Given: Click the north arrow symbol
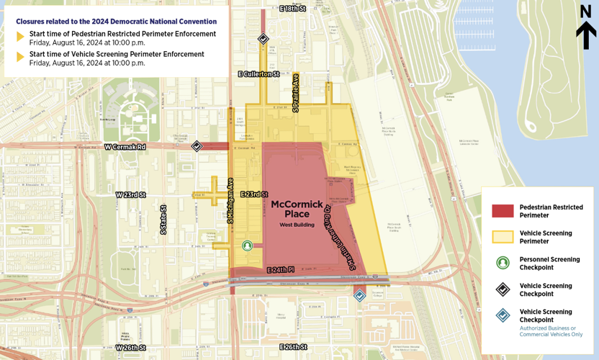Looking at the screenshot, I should coord(586,28).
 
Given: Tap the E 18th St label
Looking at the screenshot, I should coord(292,8).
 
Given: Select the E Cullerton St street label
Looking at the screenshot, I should coord(258,74).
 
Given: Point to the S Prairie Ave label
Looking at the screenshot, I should coord(295,93).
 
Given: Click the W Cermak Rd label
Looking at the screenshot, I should coord(125,147).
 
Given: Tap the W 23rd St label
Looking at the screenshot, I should coord(130,195).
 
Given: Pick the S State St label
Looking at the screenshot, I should coord(163,220).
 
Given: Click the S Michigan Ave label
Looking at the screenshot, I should coord(230,202).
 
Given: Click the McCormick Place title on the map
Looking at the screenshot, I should coord(297,209).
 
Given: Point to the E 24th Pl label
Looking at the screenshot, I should coord(280,270).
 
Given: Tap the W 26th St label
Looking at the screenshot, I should coord(130,348).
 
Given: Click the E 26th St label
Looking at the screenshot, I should coord(293,347).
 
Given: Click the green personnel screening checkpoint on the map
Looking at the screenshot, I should coord(248,246).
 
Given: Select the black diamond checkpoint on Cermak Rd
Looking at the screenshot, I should coord(197,146).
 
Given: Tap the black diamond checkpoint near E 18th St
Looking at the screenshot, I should coord(264,39).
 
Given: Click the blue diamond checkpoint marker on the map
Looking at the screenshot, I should coord(359,295).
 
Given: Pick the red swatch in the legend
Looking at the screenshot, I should coord(503,211).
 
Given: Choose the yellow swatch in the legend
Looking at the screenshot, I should coord(503,237).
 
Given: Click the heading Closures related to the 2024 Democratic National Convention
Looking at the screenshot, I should coord(116,22).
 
